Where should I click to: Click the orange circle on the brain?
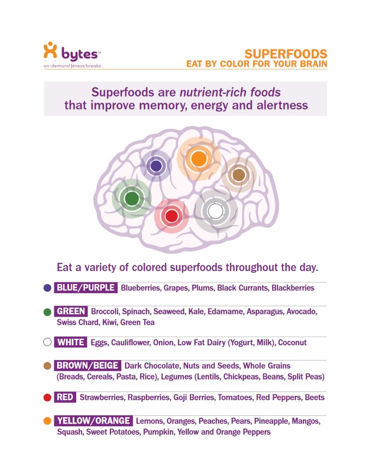point(199,159)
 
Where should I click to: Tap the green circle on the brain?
point(132,198)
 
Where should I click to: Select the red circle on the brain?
point(171,216)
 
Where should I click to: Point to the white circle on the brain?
point(215,211)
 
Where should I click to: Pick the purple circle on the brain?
point(156,166)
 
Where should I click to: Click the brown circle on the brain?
point(239,175)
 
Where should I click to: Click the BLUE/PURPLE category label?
point(85,288)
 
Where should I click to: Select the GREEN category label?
point(71,311)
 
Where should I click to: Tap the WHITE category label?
point(71,342)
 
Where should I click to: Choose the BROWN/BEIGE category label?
point(88,365)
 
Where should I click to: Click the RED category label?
point(65,397)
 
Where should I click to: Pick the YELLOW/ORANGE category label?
point(94,420)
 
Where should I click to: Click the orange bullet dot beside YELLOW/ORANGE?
point(47,421)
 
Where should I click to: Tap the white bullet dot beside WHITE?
point(47,342)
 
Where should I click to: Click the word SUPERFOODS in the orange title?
point(286,54)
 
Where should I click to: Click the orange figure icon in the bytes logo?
point(50,50)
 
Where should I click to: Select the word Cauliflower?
point(131,343)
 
